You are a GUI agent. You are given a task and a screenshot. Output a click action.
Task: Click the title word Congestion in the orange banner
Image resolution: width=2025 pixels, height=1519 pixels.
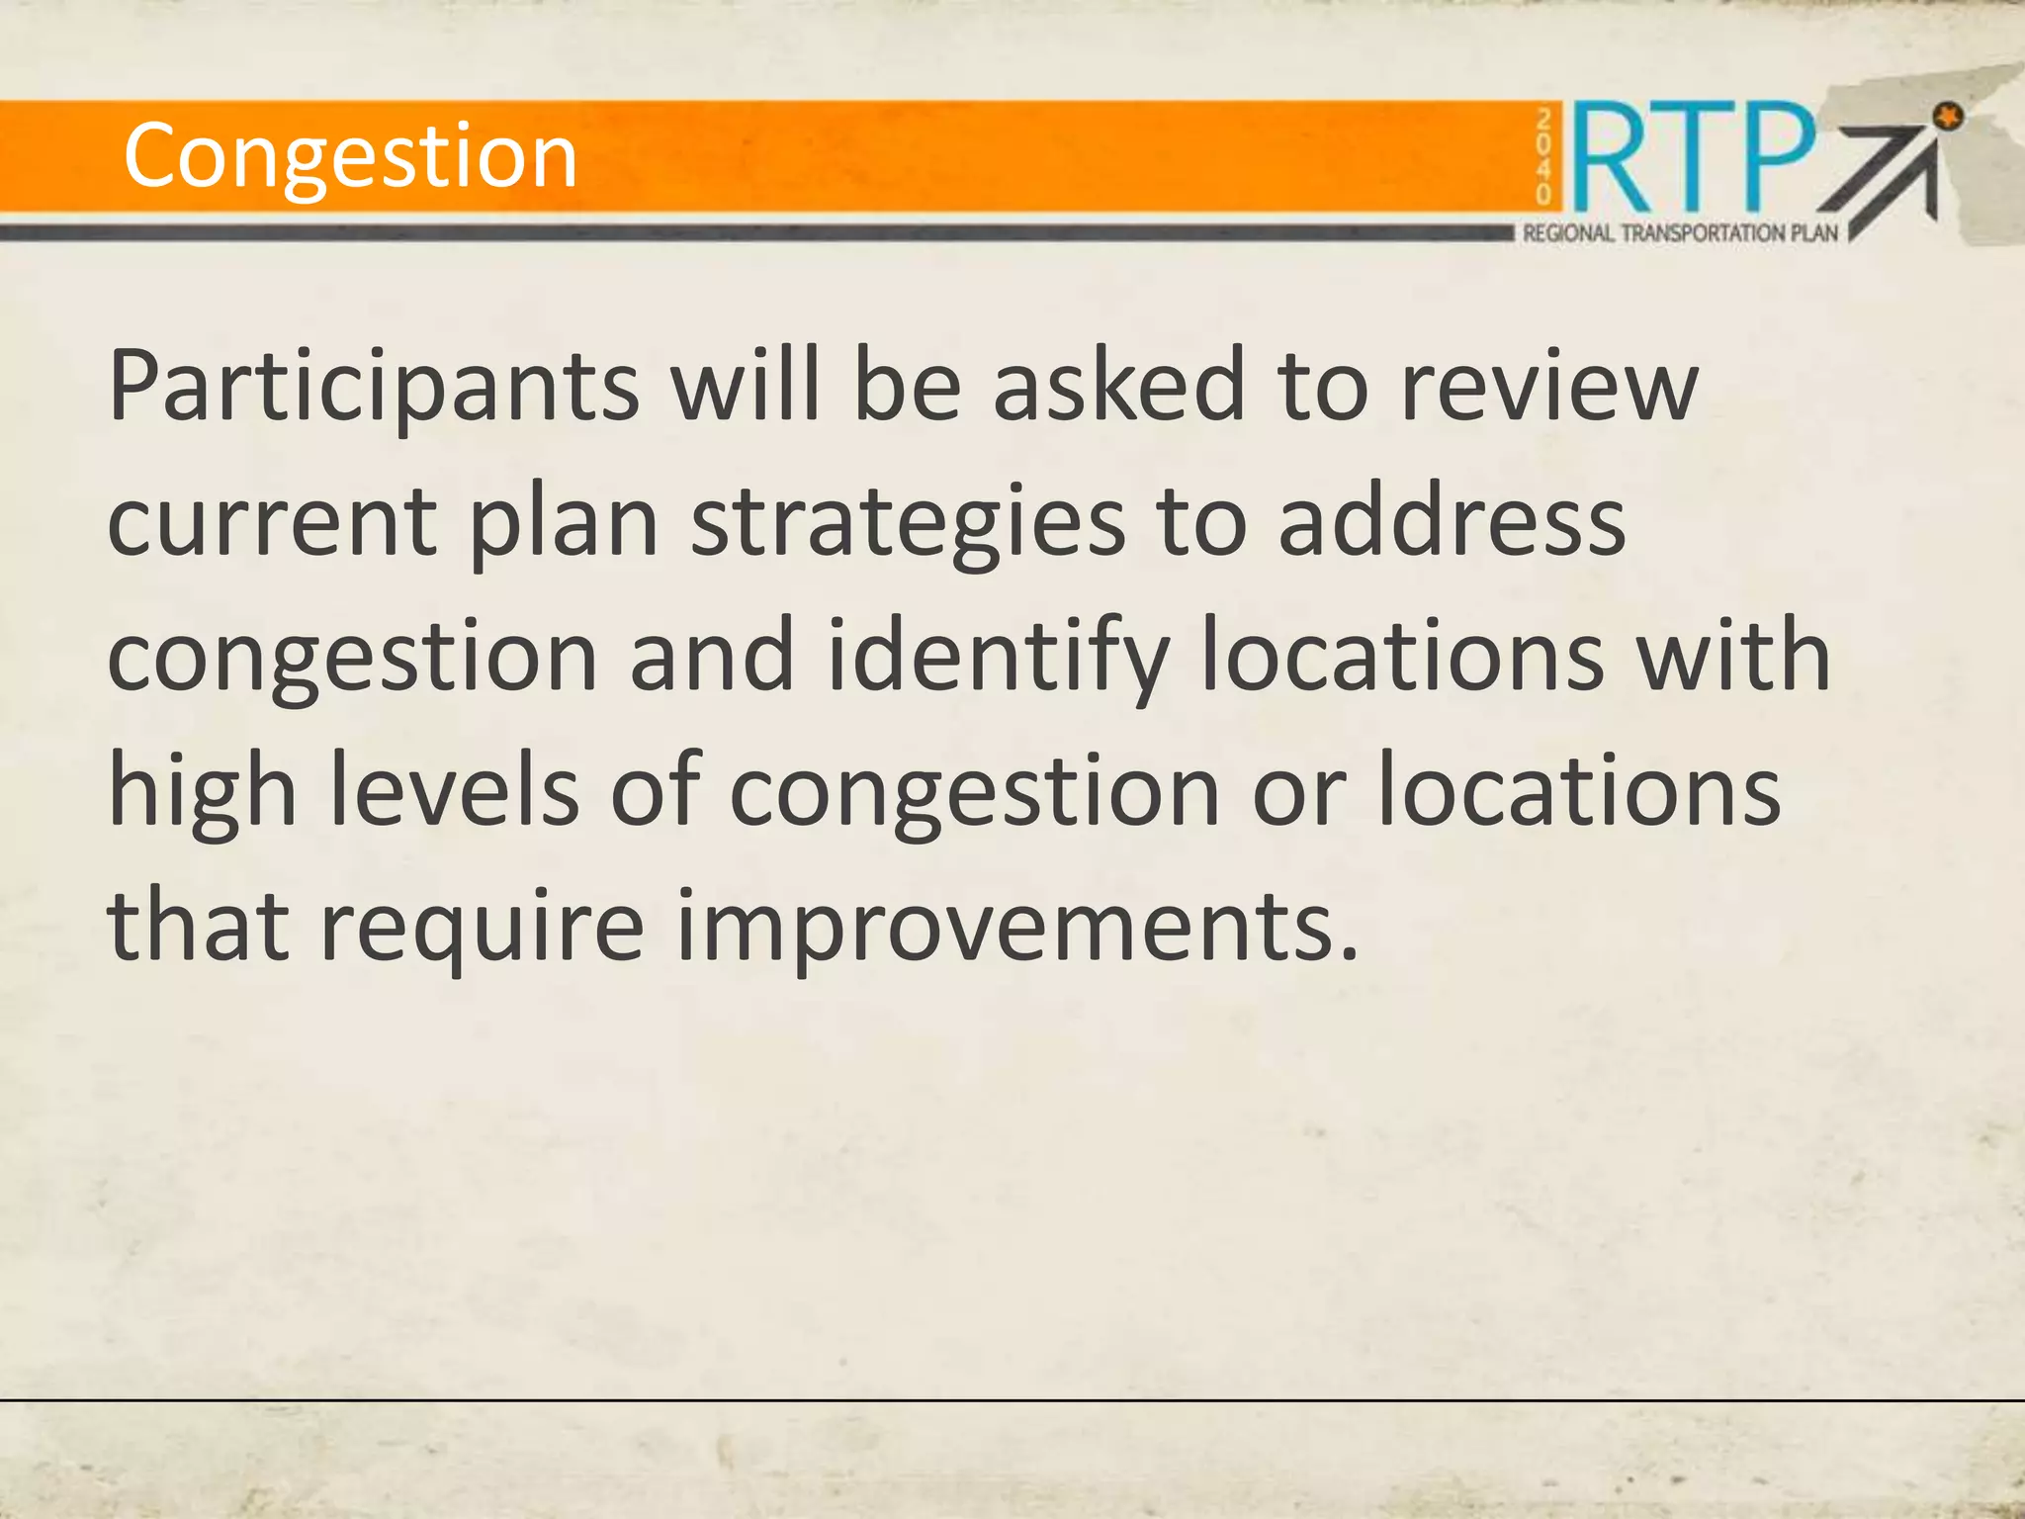[x=350, y=156]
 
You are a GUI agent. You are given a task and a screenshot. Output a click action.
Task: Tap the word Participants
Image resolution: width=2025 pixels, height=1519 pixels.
[x=374, y=388]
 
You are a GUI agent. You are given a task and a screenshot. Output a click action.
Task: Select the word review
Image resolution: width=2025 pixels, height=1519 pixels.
[x=1549, y=388]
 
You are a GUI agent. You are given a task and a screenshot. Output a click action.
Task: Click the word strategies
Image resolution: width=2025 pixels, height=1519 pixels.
[x=908, y=524]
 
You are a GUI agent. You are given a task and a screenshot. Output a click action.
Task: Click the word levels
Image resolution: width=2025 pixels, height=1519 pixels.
[x=454, y=791]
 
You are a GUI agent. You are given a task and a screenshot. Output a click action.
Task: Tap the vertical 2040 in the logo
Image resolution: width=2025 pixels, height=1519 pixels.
[x=1543, y=157]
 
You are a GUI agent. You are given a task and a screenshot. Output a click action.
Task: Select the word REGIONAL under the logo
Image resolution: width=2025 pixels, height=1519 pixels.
[x=1568, y=233]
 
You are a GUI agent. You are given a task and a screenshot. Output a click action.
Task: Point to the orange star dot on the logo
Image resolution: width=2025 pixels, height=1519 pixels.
[x=1949, y=118]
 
